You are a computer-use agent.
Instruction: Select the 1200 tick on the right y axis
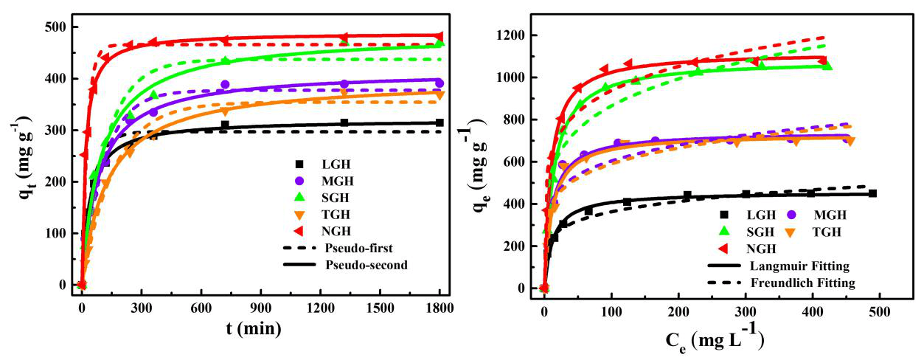pos(510,35)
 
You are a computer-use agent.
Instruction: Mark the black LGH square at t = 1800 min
pos(440,122)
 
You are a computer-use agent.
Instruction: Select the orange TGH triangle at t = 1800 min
pos(440,94)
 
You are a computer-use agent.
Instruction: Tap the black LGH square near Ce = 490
pos(872,193)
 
